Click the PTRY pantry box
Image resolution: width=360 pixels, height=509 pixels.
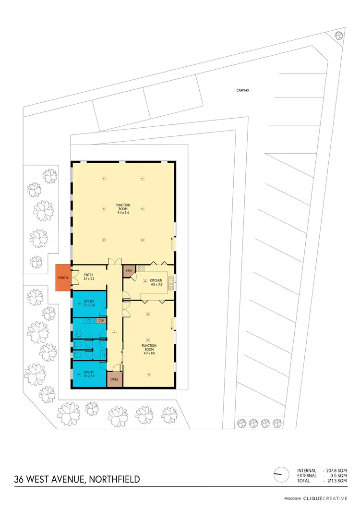(x=129, y=271)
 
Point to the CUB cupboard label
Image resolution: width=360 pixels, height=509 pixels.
(x=101, y=320)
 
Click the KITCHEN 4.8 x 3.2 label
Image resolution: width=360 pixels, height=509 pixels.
(x=156, y=282)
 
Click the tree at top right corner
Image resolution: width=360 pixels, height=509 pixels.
(x=339, y=35)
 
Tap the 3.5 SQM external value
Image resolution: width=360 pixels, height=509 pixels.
(x=338, y=475)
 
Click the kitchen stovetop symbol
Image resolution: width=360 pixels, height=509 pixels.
(x=142, y=268)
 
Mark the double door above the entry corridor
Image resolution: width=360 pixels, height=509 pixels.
(x=114, y=262)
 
